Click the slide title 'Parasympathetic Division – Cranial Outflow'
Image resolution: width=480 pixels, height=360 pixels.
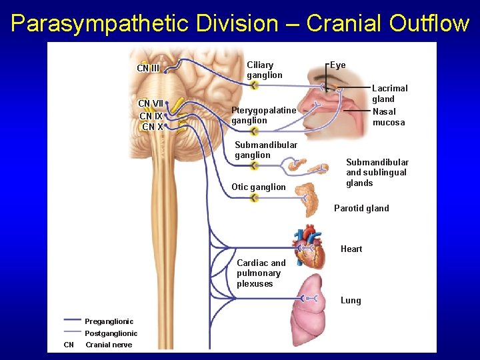coord(240,23)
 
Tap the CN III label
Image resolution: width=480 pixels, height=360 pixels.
coord(148,68)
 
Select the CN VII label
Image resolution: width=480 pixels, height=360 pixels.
coord(151,103)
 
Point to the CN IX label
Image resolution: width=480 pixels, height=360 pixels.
coord(151,116)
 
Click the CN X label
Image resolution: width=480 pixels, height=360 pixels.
coord(153,127)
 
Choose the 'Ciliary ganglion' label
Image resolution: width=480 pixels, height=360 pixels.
coord(264,70)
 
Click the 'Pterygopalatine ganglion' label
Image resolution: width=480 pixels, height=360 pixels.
coord(263,115)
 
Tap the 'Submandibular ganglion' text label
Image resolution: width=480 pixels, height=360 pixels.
coord(266,150)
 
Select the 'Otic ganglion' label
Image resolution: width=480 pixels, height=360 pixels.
coord(258,187)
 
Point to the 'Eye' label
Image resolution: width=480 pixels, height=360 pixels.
coord(338,65)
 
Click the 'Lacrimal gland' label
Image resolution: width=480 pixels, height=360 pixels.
coord(389,93)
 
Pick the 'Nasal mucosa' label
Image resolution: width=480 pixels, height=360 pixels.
coord(388,117)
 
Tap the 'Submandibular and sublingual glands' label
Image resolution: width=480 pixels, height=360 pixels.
coord(377,172)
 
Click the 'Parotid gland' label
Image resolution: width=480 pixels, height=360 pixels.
coord(361,208)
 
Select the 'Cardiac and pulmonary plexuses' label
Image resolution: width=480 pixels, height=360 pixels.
coord(261,273)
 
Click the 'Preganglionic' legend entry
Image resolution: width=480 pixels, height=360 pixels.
coord(109,321)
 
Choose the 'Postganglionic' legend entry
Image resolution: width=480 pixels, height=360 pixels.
coord(111,333)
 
